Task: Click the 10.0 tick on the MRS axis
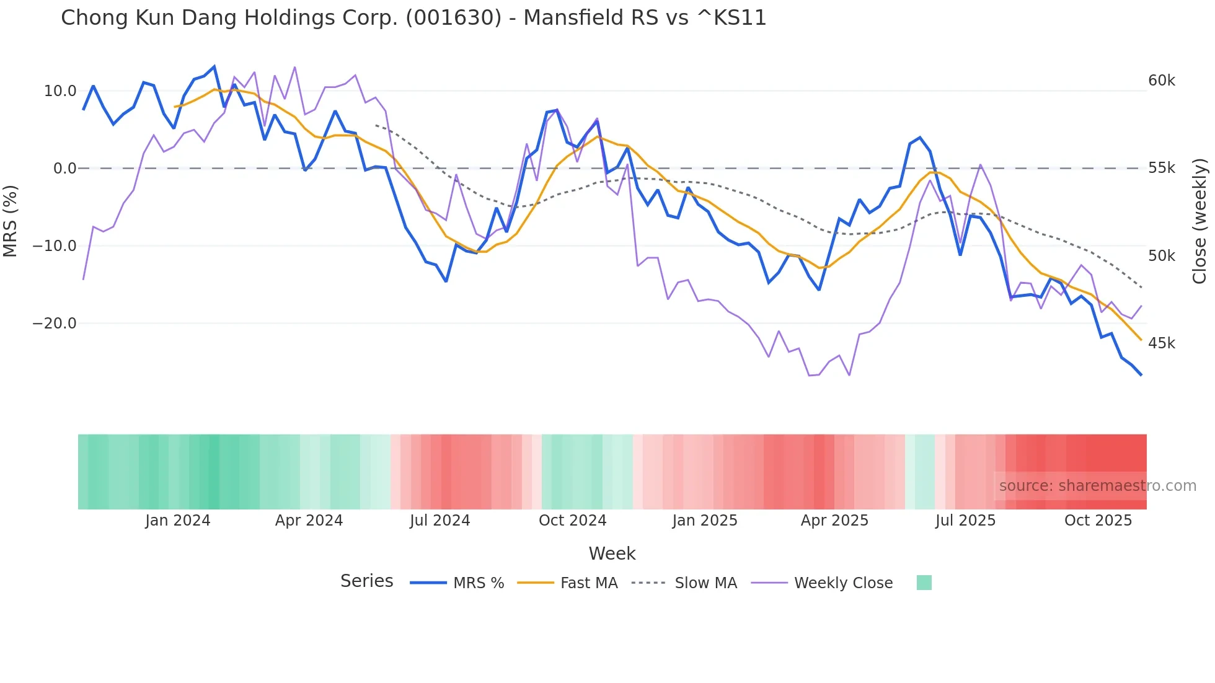60,91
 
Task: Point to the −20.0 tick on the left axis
55,324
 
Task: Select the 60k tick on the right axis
1161,81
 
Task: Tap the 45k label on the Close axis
1161,343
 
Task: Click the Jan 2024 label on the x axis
178,521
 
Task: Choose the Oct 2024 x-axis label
572,521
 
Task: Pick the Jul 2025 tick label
965,521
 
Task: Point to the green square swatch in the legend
924,583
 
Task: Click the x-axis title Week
612,553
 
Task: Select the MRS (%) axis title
11,221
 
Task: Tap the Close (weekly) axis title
1200,221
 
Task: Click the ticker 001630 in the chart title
454,18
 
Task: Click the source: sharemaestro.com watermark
1097,486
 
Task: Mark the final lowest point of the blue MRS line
1141,374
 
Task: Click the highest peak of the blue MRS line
214,66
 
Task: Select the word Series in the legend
366,581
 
